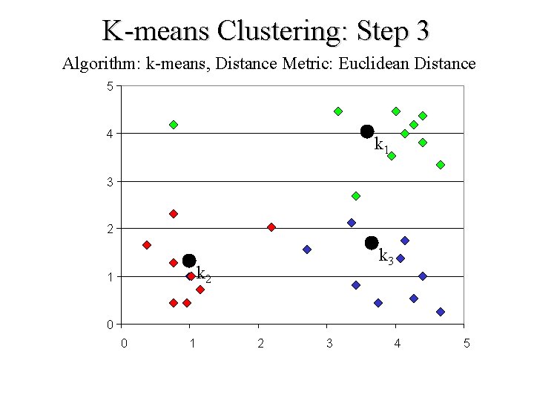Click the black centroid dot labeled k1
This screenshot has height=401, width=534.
366,131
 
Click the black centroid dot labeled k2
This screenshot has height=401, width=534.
189,261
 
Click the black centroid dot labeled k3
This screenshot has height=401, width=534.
372,243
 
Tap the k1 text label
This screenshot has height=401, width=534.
381,145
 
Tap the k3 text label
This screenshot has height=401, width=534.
386,257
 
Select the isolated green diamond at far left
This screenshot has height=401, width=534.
174,125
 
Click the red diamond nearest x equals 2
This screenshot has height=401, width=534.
271,227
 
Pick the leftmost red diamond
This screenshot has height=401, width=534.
147,245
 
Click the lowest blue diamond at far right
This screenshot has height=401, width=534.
441,312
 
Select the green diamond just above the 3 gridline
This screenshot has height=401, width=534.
356,196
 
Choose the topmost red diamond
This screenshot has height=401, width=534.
174,214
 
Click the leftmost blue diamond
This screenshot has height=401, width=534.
307,250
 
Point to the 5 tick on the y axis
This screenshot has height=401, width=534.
110,86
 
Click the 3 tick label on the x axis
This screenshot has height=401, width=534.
329,343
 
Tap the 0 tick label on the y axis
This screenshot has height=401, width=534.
110,325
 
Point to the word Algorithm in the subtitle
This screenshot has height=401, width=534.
102,64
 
